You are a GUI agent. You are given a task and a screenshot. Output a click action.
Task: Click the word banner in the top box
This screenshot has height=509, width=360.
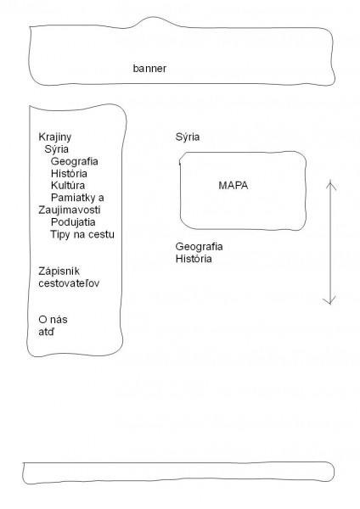(149, 69)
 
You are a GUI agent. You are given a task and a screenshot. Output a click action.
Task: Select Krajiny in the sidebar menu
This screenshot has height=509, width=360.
(54, 137)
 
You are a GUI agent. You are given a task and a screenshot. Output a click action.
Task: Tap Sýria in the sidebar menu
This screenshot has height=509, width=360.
(57, 149)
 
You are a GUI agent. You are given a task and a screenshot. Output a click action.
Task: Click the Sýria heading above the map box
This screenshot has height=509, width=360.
(188, 137)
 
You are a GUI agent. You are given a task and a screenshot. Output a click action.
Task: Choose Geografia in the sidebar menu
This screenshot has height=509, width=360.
(75, 161)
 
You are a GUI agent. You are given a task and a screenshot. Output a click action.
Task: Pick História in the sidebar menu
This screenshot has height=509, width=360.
(69, 173)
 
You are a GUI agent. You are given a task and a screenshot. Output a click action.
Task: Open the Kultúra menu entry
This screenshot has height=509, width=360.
(68, 185)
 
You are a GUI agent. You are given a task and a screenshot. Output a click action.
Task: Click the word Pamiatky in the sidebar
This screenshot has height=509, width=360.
(73, 198)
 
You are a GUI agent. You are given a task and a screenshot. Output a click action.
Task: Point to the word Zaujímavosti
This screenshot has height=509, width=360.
(70, 210)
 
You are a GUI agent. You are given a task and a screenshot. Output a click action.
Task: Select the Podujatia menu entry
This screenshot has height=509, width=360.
(73, 222)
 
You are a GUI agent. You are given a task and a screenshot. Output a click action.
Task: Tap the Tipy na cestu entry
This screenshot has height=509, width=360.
(82, 234)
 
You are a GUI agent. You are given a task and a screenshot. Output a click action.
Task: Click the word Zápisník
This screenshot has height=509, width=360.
(59, 271)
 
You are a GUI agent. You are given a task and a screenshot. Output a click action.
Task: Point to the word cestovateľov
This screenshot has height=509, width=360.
(69, 283)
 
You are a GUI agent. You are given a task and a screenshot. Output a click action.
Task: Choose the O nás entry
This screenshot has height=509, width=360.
(53, 320)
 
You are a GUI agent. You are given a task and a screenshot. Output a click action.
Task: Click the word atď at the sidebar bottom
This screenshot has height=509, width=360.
(47, 332)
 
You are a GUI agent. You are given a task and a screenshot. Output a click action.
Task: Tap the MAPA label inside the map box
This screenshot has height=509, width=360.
(233, 185)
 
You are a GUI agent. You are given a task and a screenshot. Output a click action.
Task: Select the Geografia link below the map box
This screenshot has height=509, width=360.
(200, 247)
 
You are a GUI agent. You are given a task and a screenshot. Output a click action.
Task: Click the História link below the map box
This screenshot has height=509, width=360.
(194, 259)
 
